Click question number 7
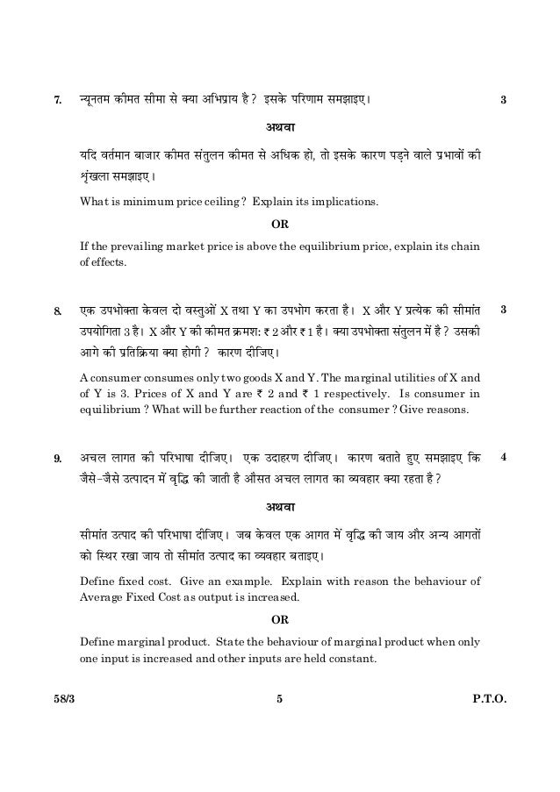pyautogui.click(x=58, y=98)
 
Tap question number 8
pyautogui.click(x=58, y=310)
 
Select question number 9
pyautogui.click(x=58, y=458)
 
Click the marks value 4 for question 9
pyautogui.click(x=503, y=457)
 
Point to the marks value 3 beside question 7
pyautogui.click(x=503, y=98)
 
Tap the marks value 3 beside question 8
pyautogui.click(x=503, y=309)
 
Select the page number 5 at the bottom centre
pyautogui.click(x=278, y=700)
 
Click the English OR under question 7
pyautogui.click(x=278, y=224)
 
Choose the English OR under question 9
pyautogui.click(x=278, y=620)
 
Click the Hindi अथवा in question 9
pyautogui.click(x=278, y=508)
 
